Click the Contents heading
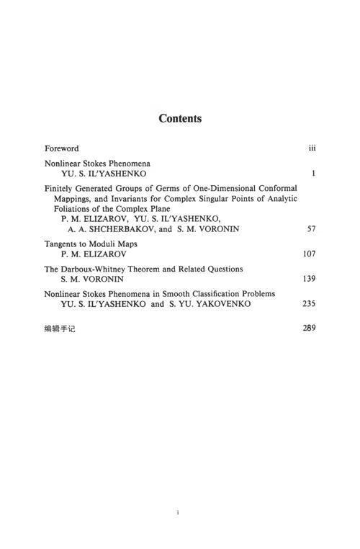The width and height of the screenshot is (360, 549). click(180, 118)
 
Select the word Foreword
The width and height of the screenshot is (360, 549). click(62, 148)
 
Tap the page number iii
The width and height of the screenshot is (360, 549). click(312, 148)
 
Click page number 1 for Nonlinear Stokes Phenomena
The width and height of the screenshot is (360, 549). click(315, 174)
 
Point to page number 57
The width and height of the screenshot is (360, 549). click(312, 229)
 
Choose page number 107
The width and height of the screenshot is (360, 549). click(310, 254)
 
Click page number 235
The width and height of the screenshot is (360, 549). click(310, 304)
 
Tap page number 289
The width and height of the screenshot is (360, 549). click(310, 329)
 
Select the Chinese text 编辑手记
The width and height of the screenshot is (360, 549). click(60, 329)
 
